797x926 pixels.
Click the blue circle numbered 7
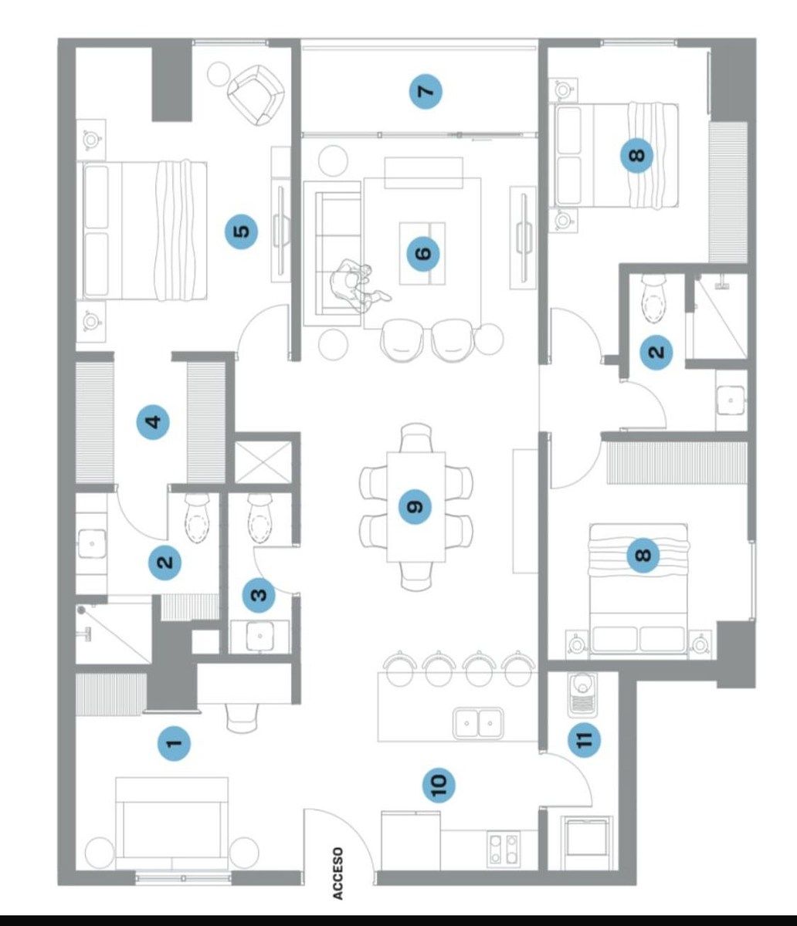click(426, 92)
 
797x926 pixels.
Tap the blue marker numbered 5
click(242, 231)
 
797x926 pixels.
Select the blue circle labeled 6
click(422, 254)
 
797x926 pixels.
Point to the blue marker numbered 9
click(415, 507)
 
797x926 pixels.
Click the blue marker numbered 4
click(154, 422)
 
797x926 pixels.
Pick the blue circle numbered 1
click(174, 744)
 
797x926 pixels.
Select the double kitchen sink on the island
click(478, 722)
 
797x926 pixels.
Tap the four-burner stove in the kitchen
click(503, 847)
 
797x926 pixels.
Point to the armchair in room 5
click(256, 95)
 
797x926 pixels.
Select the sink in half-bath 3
click(260, 636)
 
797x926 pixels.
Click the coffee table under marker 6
click(422, 254)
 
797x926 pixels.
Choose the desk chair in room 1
click(242, 718)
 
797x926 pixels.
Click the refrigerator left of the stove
click(410, 840)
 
